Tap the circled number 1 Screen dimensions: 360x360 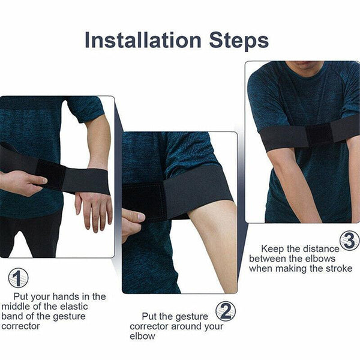(18, 278)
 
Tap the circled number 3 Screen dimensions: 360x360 (349, 240)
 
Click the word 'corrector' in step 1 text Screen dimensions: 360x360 (21, 326)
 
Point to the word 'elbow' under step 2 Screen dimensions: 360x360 (143, 337)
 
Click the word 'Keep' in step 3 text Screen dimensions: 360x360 (271, 248)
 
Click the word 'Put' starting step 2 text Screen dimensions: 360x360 (150, 316)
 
